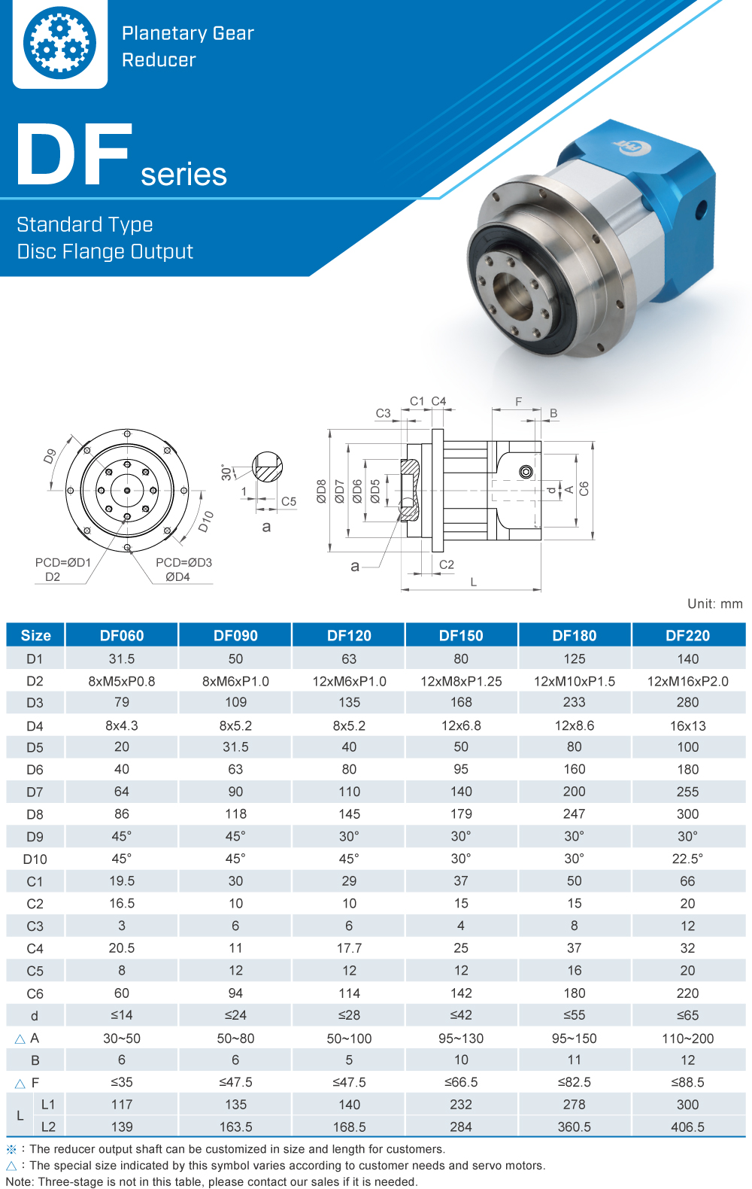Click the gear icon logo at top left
pyautogui.click(x=59, y=43)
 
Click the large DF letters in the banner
pyautogui.click(x=74, y=154)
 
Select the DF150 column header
pyautogui.click(x=461, y=635)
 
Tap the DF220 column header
pyautogui.click(x=687, y=635)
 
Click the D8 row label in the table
pyautogui.click(x=35, y=814)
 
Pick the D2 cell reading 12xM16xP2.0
pyautogui.click(x=687, y=681)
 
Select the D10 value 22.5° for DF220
pyautogui.click(x=687, y=859)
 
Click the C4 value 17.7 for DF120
pyautogui.click(x=349, y=948)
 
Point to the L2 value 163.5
pyautogui.click(x=235, y=1127)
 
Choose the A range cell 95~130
pyautogui.click(x=461, y=1038)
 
